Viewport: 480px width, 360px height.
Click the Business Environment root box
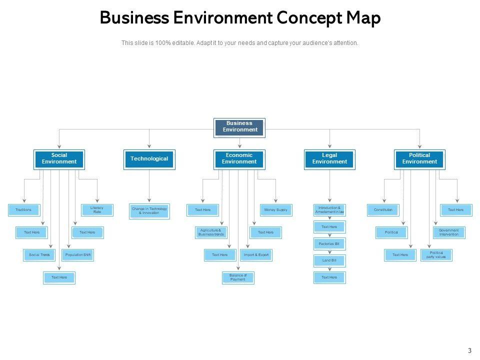point(239,127)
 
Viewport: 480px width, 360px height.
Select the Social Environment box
point(59,159)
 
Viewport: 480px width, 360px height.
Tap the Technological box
point(149,159)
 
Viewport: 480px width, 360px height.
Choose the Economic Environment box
point(239,159)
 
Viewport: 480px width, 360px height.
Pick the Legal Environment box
point(329,159)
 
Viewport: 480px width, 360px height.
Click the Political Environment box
point(419,159)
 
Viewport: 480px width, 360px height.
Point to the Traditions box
point(23,210)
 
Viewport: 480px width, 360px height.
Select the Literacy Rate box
point(97,210)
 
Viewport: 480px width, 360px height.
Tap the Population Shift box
point(77,255)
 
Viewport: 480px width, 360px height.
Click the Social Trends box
point(39,255)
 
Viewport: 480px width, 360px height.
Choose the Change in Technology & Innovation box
point(149,211)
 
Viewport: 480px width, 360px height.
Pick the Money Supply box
point(276,210)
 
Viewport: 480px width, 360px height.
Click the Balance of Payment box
point(238,277)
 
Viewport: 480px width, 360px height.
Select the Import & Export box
point(256,255)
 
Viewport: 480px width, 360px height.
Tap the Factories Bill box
point(329,244)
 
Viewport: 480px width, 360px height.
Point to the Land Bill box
point(329,260)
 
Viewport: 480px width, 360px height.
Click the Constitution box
point(383,210)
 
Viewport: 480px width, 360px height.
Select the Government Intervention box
point(448,232)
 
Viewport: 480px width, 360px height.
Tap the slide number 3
point(469,350)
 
